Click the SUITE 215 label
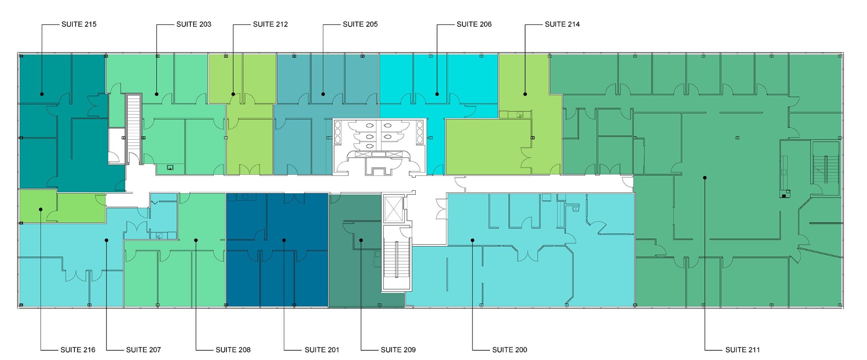tap(79, 25)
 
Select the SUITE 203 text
tap(193, 25)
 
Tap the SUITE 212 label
tap(270, 25)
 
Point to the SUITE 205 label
tap(360, 25)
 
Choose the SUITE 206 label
tap(474, 25)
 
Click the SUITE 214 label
tap(562, 25)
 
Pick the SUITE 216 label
tap(78, 350)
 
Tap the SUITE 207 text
tap(144, 350)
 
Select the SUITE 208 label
tap(233, 350)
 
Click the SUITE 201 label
tap(322, 350)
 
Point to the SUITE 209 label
tap(398, 350)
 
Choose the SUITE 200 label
tap(510, 350)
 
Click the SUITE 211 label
tap(743, 350)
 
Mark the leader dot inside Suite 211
tap(705, 178)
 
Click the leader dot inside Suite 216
tap(41, 209)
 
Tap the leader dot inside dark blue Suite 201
tap(284, 240)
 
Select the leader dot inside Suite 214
tap(525, 94)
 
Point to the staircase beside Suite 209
tap(397, 258)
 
